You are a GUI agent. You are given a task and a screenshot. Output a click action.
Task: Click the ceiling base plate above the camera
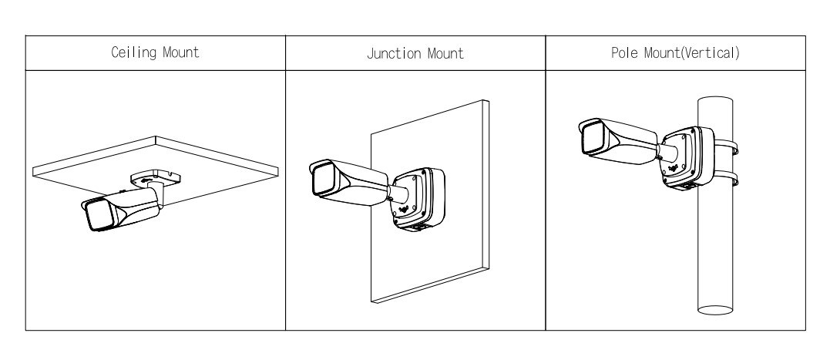[x=156, y=176]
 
